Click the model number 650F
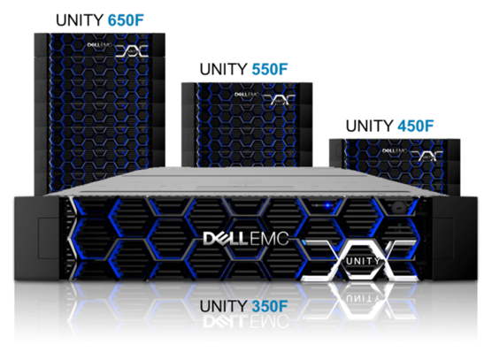(126, 20)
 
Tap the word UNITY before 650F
(80, 20)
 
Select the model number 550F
(270, 69)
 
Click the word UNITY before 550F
(224, 69)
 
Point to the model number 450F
(416, 126)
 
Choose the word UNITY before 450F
(370, 126)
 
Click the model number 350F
(270, 306)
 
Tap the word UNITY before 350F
(224, 306)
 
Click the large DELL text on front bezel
(226, 239)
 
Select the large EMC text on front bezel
(269, 239)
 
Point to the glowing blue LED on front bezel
(327, 204)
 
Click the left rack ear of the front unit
(37, 239)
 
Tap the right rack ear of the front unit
(455, 239)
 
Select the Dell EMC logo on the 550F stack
(248, 95)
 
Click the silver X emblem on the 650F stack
(132, 51)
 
